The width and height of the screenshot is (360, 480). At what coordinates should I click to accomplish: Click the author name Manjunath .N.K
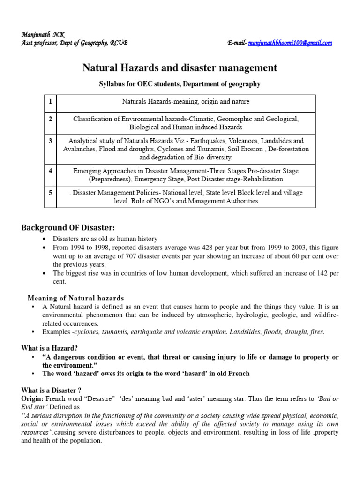point(43,35)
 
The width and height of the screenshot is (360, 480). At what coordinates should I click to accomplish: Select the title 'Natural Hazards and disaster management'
point(180,68)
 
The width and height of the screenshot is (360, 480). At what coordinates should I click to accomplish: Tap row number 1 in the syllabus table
point(49,101)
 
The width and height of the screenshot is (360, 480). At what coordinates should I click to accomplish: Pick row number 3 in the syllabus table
point(49,140)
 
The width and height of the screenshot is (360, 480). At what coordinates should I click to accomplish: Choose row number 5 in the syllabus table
point(49,193)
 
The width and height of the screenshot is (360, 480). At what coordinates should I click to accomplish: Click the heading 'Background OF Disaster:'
point(68,228)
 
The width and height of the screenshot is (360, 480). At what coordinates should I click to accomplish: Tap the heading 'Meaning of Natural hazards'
point(75,298)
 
